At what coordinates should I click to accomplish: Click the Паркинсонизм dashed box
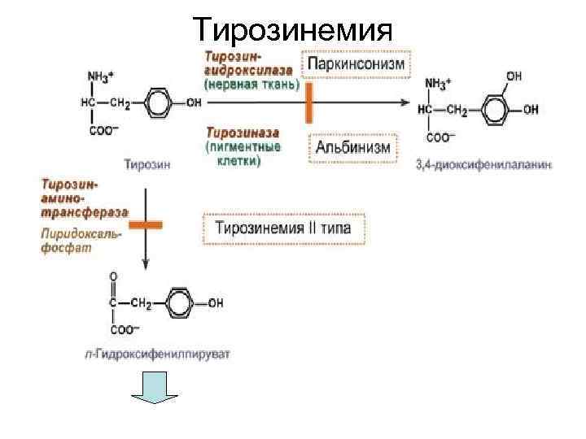pyautogui.click(x=356, y=63)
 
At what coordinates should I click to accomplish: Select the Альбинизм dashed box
pyautogui.click(x=353, y=149)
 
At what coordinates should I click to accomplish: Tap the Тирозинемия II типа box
pyautogui.click(x=283, y=228)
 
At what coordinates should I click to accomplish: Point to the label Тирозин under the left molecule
pyautogui.click(x=147, y=163)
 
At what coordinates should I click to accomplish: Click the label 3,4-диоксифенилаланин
pyautogui.click(x=483, y=164)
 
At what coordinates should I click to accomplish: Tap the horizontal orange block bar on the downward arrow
pyautogui.click(x=146, y=224)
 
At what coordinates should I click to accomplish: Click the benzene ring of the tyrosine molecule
pyautogui.click(x=162, y=104)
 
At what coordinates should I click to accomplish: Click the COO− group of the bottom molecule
pyautogui.click(x=125, y=330)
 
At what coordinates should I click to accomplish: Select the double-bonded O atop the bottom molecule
pyautogui.click(x=112, y=276)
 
